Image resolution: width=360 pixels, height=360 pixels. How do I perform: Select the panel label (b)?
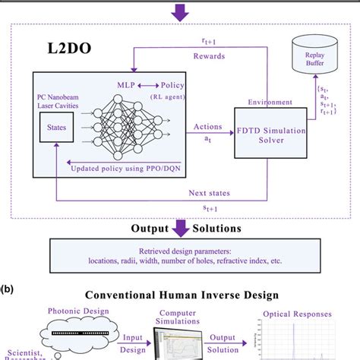click(x=8, y=289)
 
